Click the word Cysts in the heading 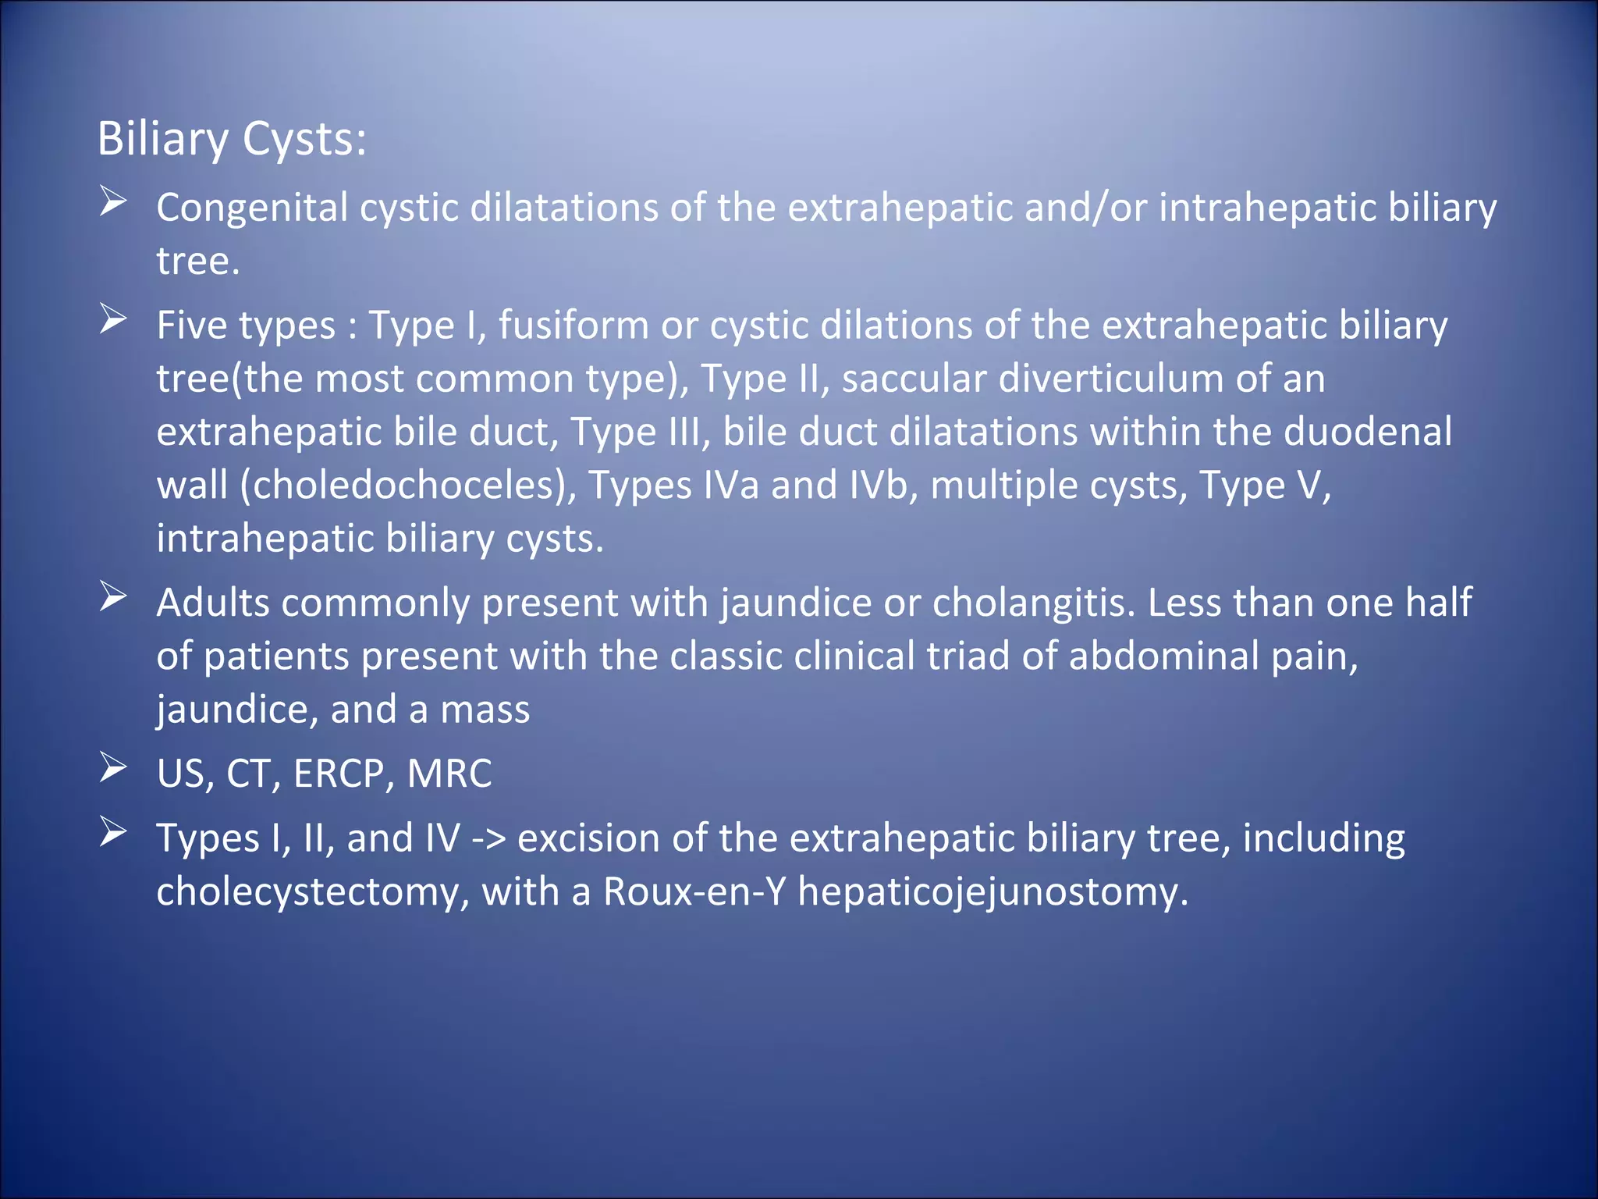[304, 141]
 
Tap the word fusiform [574, 326]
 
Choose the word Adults [212, 603]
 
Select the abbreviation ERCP [339, 774]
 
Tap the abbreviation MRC [449, 774]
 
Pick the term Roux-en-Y [694, 891]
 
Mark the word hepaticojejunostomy [993, 891]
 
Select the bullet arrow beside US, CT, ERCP [113, 768]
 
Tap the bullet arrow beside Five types [113, 320]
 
